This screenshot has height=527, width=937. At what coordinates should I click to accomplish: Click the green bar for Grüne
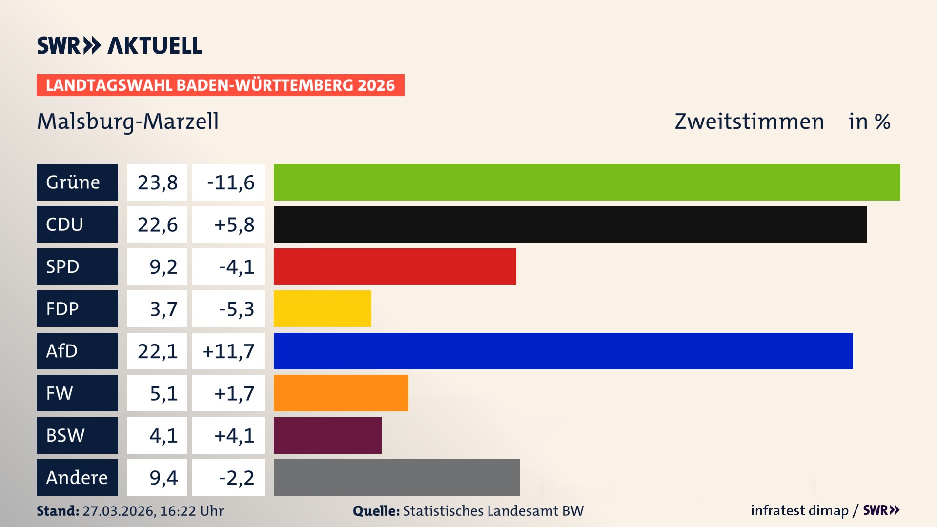(x=587, y=182)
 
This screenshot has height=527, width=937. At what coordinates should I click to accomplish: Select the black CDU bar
(x=570, y=224)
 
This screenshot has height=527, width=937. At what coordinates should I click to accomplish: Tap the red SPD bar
(x=395, y=266)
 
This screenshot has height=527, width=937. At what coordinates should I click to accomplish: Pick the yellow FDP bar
(x=322, y=308)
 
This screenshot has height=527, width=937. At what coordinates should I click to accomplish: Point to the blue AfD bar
(x=563, y=351)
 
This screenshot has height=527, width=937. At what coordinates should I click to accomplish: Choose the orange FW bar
(x=341, y=393)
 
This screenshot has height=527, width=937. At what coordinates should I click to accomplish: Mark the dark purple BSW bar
(x=327, y=435)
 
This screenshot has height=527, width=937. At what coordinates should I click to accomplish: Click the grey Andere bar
(x=396, y=477)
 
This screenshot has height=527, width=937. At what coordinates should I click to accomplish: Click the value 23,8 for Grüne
(x=157, y=182)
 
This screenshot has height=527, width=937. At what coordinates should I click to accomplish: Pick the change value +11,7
(x=228, y=351)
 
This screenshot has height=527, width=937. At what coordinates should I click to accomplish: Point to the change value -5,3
(x=236, y=308)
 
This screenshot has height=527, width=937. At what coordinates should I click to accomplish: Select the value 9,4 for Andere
(x=163, y=477)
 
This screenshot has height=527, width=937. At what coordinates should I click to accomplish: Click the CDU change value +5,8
(x=234, y=224)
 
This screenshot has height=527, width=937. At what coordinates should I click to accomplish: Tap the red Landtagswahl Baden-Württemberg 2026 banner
(x=220, y=85)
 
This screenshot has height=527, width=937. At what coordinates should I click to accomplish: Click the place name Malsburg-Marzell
(x=128, y=122)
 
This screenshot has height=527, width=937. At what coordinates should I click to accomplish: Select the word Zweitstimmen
(x=749, y=122)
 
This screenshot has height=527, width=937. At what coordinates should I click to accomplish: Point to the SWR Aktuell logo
(x=120, y=45)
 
